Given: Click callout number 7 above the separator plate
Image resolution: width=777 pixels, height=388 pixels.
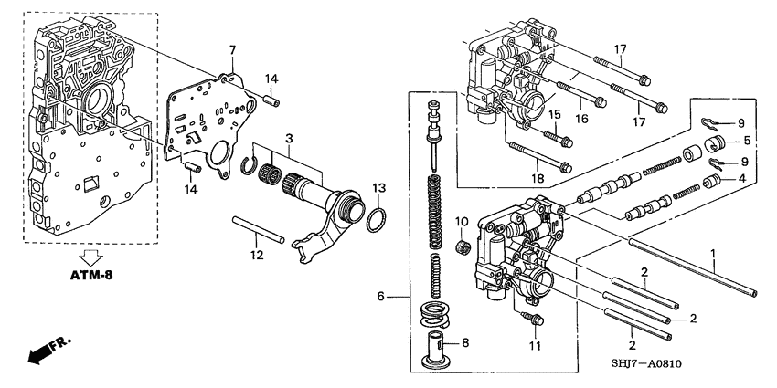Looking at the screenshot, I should point(232,48).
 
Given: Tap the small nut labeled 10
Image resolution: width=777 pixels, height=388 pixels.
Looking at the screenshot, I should point(463,248).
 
